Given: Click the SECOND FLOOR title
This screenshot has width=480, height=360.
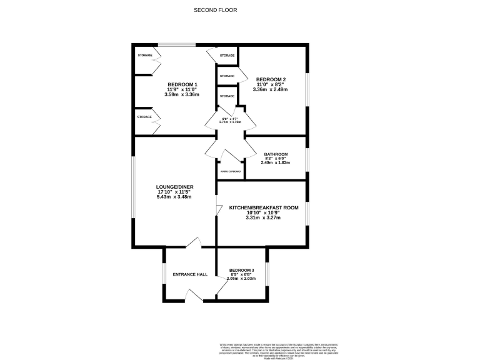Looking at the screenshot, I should coord(215,10).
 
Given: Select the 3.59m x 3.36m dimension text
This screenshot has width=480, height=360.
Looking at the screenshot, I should coord(182,95).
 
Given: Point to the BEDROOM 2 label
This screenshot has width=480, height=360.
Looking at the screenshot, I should coord(271,79).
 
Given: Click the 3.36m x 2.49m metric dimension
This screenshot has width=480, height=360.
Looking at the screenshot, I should coord(270,89).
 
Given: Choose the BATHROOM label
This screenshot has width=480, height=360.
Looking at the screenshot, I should coord(276,154).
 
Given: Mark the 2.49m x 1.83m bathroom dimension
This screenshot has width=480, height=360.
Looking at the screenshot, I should coord(275,163).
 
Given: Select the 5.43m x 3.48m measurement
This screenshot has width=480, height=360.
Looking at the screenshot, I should coord(174,197).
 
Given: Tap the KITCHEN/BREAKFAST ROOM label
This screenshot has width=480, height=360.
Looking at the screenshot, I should coord(263,207).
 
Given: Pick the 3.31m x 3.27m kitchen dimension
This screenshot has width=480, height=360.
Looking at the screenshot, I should coord(263,217).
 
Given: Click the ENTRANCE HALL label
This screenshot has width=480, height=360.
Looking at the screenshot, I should coord(190,274).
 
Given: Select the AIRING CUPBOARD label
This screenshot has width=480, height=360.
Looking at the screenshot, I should coord(229,171).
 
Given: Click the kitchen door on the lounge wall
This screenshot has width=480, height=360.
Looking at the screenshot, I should coord(218,211).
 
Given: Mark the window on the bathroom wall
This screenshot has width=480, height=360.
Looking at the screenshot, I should coord(307,159).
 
